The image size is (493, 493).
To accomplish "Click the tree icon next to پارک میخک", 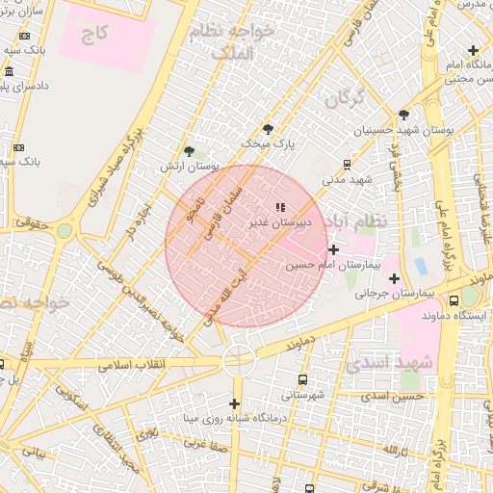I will tap(268, 128).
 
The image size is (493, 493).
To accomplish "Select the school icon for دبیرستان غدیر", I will tap(280, 207).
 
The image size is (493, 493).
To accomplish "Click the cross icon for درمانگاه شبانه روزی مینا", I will tap(233, 403).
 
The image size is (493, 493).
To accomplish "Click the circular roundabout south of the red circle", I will tap(237, 359).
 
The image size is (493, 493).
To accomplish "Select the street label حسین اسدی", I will tap(400, 396).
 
